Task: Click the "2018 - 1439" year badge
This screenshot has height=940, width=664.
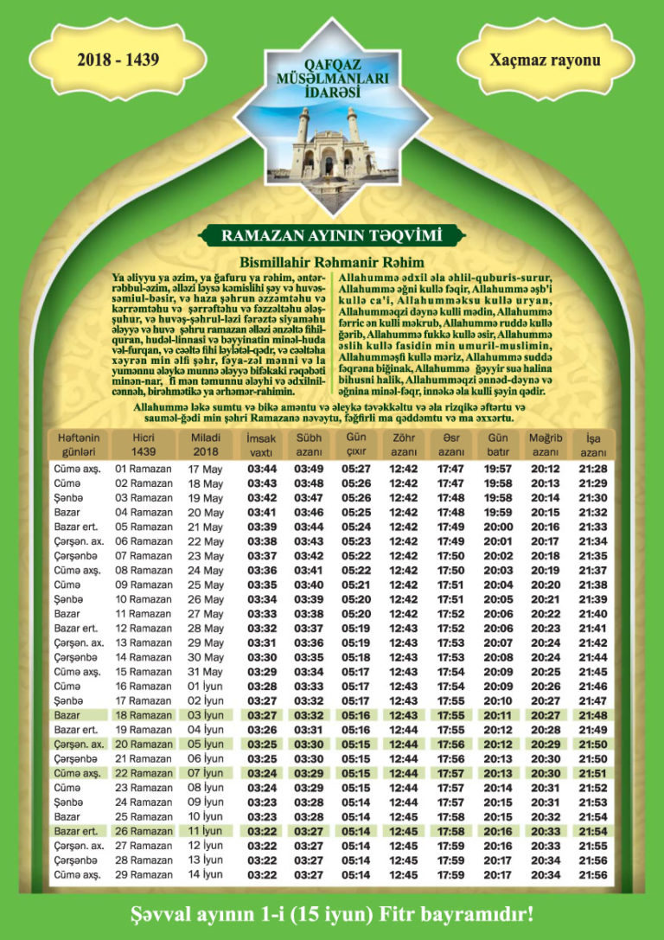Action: [118, 60]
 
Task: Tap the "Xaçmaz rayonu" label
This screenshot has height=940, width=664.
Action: [545, 60]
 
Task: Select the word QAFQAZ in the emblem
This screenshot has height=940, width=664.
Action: [331, 62]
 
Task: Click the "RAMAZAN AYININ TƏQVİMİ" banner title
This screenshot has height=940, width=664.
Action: [331, 235]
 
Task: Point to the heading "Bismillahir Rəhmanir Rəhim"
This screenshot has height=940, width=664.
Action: [332, 261]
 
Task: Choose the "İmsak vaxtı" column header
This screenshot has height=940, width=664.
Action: [261, 444]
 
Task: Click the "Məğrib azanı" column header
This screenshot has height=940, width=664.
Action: [546, 444]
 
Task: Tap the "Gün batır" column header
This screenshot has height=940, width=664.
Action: [498, 444]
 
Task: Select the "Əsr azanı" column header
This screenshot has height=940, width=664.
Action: [450, 444]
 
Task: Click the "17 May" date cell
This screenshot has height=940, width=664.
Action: [205, 469]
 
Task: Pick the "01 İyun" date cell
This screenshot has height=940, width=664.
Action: [205, 686]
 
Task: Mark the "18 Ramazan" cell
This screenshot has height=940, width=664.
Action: [144, 715]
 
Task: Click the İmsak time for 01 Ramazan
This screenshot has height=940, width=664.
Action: [261, 469]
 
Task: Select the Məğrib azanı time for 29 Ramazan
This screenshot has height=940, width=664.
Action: [546, 874]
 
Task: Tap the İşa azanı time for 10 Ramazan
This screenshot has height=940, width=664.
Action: [592, 599]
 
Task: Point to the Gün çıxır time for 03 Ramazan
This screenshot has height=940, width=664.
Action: [356, 498]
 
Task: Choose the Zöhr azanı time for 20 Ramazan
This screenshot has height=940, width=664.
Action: [403, 744]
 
